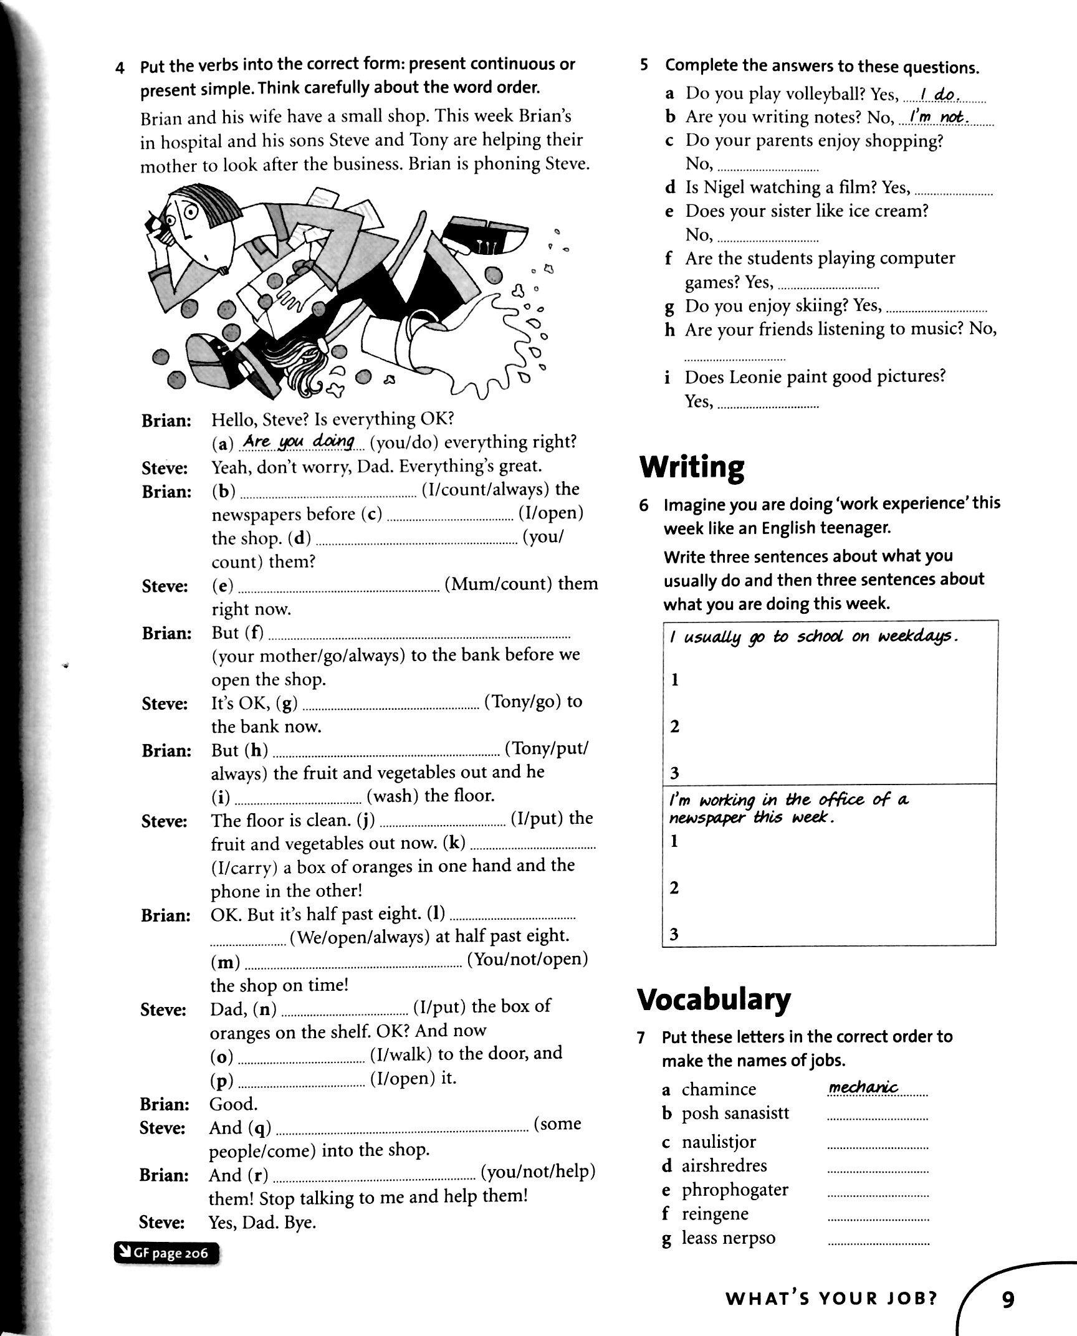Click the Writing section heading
692,467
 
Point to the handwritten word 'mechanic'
863,1087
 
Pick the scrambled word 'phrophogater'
735,1190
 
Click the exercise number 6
645,505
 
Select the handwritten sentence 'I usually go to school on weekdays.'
813,637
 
